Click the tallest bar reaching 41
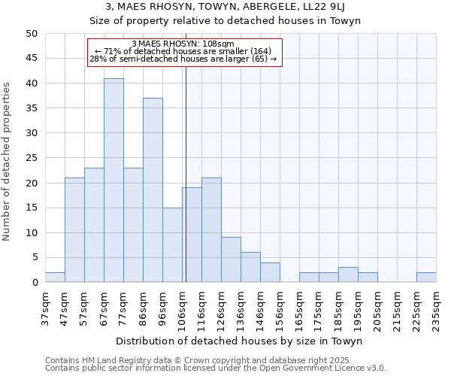114,180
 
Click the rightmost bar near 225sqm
426,277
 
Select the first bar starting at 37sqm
55,277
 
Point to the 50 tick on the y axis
32,34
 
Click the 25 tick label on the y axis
32,158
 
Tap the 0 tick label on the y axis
35,283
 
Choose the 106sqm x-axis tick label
182,309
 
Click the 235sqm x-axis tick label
436,309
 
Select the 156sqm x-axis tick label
280,309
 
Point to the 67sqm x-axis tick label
104,309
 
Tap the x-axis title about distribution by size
240,341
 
